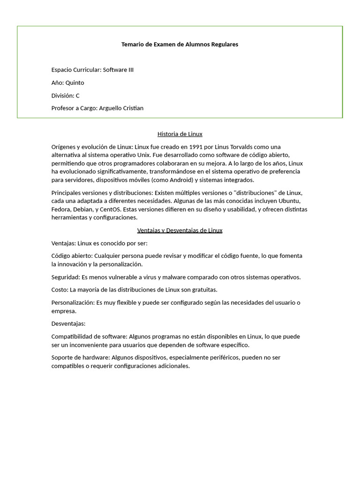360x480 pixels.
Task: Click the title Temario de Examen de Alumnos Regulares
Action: tap(180, 45)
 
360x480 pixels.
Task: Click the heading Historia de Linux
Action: tap(180, 134)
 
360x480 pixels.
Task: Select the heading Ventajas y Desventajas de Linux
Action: tap(180, 231)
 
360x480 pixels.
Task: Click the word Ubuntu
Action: tap(289, 201)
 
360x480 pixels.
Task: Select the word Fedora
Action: tap(61, 209)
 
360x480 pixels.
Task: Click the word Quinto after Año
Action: tap(75, 83)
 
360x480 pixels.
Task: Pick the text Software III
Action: tap(118, 70)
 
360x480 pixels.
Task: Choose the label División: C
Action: tap(65, 96)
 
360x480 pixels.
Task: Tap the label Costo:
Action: tap(60, 290)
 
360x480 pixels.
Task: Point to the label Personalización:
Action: tap(73, 302)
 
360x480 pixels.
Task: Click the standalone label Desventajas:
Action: tap(68, 323)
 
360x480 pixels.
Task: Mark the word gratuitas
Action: tap(203, 290)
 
